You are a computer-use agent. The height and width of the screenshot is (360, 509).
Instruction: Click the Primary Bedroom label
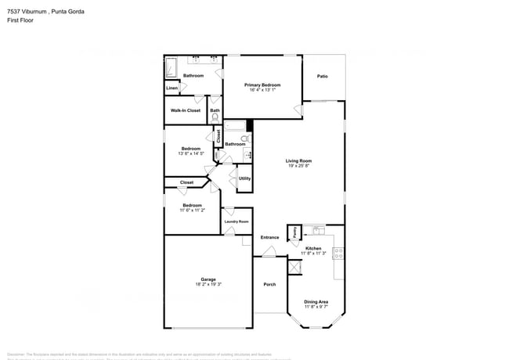pos(262,85)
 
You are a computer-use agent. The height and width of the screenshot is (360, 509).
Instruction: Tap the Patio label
pos(322,76)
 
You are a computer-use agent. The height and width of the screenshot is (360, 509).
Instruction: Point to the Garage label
pos(208,279)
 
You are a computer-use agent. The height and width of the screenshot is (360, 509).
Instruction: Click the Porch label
pos(269,284)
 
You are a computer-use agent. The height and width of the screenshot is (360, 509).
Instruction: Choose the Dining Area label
pos(316,301)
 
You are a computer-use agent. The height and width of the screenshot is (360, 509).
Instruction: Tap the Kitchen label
pos(313,248)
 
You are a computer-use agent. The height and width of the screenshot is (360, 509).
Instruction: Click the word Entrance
pos(269,237)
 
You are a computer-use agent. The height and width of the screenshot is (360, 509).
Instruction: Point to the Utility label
pos(244,178)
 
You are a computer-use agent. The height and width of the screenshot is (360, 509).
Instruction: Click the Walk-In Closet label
pos(186,110)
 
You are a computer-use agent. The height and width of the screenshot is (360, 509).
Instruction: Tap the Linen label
pos(171,88)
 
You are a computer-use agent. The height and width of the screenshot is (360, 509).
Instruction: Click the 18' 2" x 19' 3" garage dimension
pos(208,285)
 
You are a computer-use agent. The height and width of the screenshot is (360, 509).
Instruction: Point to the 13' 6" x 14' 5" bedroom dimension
pos(191,153)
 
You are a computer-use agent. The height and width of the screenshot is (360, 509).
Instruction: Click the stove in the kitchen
pos(338,253)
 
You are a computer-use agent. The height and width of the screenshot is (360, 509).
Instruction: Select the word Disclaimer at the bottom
pos(19,354)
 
